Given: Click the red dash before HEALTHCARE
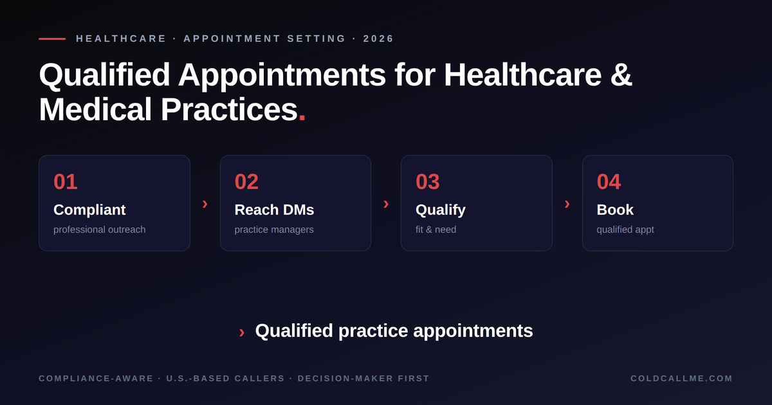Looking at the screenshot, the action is (52, 39).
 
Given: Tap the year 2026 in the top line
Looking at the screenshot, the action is (378, 39).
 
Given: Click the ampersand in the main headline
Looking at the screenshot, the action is (621, 75).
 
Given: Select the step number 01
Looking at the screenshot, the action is (66, 181).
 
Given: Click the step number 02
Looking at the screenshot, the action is (246, 181).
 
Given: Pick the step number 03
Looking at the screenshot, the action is (427, 181).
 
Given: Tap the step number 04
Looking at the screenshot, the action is (609, 181).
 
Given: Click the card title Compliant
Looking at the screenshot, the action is (89, 210).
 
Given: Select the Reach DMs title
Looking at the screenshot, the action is (274, 210).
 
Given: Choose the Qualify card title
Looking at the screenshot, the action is (441, 210).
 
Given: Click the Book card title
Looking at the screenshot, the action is (615, 210).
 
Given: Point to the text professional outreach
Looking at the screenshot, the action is (99, 230).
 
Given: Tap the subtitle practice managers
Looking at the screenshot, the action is (274, 230).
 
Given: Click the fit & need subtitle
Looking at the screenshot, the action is (436, 230).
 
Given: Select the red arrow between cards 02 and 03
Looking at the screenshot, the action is (386, 204).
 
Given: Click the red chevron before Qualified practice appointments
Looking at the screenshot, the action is (242, 332).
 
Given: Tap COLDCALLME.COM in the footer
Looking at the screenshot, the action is (681, 379).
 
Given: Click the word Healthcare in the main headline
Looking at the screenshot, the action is (522, 75).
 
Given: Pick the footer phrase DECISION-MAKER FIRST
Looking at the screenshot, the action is (363, 379).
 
